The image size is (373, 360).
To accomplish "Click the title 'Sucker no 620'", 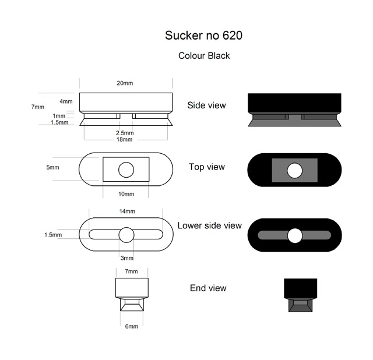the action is pos(203,36).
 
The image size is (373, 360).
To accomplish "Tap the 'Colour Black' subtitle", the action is pos(204,56).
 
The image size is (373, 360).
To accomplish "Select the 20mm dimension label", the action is pos(125,83).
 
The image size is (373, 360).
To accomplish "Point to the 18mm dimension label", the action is pos(124,139).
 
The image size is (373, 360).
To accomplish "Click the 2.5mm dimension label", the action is pos(125,133).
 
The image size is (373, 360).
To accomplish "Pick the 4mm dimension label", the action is pos(66,101).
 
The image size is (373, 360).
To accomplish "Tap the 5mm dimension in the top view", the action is pos(52,167).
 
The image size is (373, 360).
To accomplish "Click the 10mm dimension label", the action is pos(126,194).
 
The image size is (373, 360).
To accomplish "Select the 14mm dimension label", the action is pos(127,211).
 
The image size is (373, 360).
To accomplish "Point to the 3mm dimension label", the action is pos(127,258).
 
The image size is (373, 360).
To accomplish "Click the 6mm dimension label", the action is pos(132,326).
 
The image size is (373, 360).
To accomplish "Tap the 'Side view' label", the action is pos(206,105).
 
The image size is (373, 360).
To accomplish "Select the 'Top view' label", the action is pos(207,167).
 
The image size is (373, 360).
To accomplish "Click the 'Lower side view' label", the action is pos(210,225).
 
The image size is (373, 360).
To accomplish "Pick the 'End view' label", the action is pos(208,288).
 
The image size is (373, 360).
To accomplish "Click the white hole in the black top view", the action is pos(295,171).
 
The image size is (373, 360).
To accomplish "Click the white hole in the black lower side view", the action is pos(295,236).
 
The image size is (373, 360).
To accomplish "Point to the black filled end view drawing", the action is pos(301,295).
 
